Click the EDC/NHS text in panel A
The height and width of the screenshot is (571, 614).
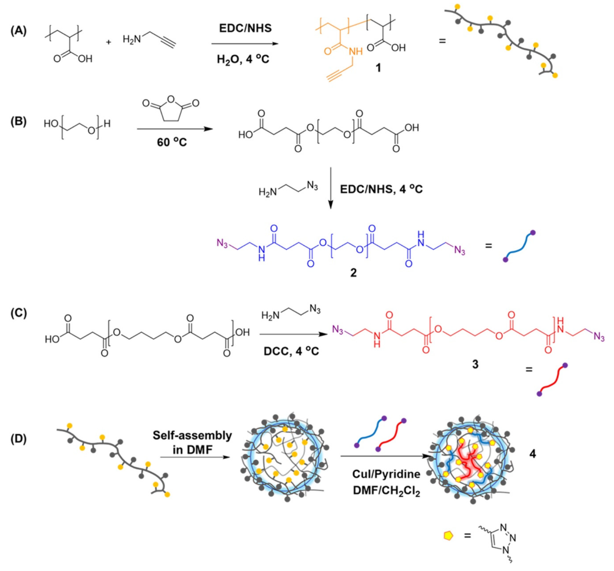pos(245,28)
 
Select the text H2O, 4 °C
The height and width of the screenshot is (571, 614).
pos(243,59)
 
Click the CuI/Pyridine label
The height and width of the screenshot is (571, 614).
pos(386,473)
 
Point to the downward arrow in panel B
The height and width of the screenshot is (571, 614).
pos(330,188)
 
